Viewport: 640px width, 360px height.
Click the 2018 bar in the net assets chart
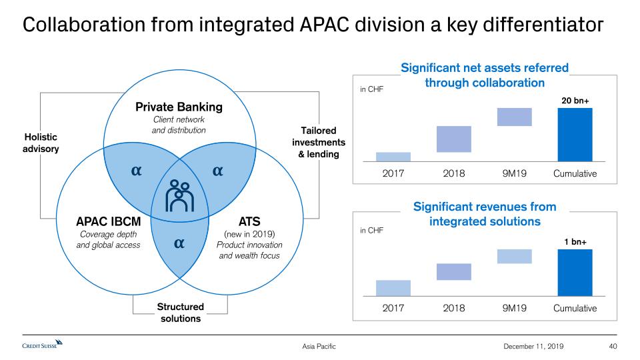(453, 139)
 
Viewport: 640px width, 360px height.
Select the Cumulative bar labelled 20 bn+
(575, 135)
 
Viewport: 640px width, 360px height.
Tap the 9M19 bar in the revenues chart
(514, 256)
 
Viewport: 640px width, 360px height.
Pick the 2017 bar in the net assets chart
(393, 157)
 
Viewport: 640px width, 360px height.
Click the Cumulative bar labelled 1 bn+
(575, 273)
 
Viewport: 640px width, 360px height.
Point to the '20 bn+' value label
(575, 101)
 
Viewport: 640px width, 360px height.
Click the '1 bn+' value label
(575, 241)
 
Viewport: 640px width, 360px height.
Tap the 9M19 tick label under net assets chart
(514, 173)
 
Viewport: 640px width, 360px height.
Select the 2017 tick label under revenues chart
(393, 308)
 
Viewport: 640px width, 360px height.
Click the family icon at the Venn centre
(179, 196)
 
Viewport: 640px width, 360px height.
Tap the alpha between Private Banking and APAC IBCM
(136, 171)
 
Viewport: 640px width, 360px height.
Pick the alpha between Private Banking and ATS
(217, 171)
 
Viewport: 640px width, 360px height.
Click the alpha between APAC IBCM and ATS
(179, 243)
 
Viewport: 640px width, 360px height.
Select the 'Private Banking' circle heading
(179, 107)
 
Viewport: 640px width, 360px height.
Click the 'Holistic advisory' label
(41, 143)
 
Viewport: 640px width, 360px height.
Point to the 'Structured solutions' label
(181, 312)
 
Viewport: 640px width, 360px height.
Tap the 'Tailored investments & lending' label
(319, 142)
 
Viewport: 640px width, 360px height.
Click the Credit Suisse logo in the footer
(43, 345)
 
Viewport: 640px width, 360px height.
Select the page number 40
(613, 346)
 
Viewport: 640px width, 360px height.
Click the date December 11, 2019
(533, 346)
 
